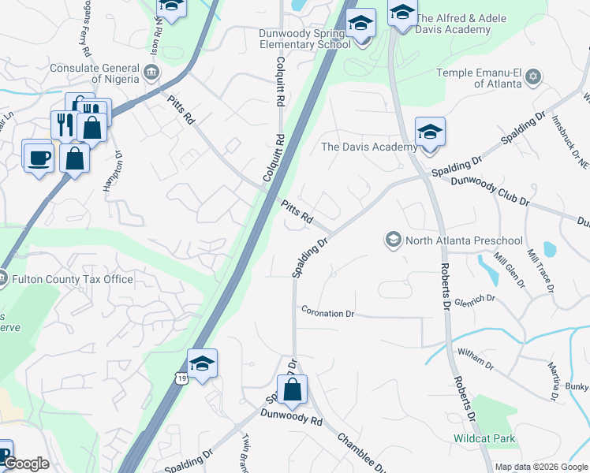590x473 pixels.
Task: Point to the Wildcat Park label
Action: (484, 438)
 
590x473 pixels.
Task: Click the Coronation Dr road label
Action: (327, 313)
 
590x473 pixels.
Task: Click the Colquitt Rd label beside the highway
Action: (273, 158)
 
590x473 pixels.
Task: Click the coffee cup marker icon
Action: (38, 157)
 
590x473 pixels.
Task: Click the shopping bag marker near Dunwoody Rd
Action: (292, 389)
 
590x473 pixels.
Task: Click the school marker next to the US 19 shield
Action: (202, 363)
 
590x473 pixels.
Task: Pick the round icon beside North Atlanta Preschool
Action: (394, 239)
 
